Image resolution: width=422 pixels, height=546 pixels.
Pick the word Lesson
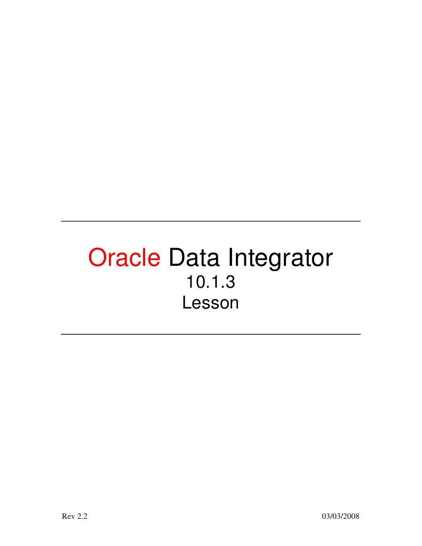coord(210,303)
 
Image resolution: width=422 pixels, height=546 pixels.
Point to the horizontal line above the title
coord(211,221)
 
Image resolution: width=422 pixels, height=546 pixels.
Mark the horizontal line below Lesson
coord(211,334)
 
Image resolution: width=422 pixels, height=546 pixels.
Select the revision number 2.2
coord(82,517)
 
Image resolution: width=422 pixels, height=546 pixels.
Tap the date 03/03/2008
coord(341,517)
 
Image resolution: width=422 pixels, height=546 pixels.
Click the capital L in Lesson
coord(186,303)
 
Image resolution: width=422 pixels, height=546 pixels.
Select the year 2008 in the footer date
coord(352,517)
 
